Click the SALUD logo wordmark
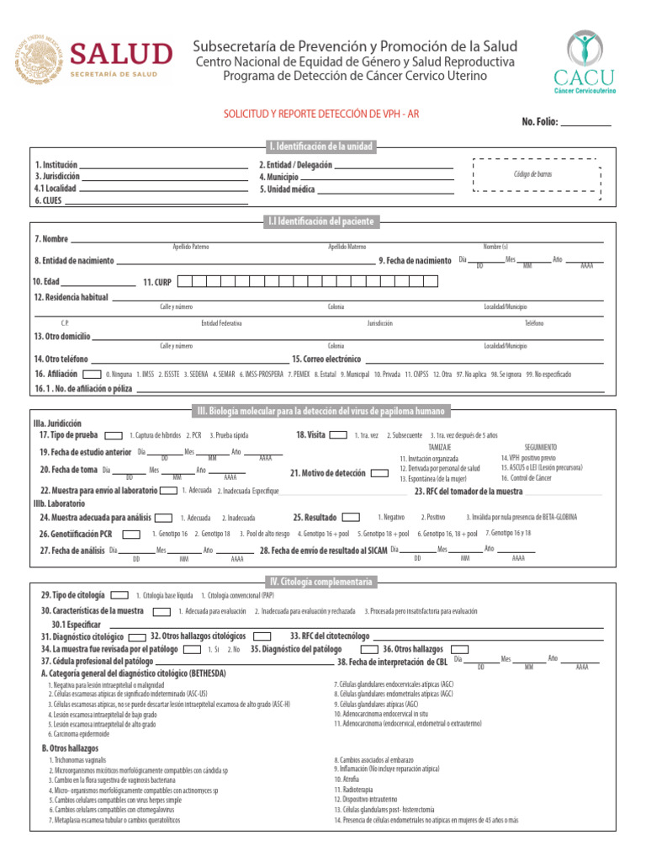tap(120, 56)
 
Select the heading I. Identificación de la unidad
tap(320, 146)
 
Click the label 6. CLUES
tap(50, 200)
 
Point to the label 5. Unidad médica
tap(287, 189)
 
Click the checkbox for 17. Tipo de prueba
tap(112, 435)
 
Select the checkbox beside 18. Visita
tap(338, 435)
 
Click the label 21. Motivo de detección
tap(328, 473)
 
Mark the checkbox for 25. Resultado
tap(351, 517)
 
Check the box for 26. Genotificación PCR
tap(131, 534)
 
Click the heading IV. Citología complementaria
tap(320, 581)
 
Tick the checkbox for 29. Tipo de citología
tap(120, 595)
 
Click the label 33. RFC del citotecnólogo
tap(330, 636)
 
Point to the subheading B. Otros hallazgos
tap(70, 748)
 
